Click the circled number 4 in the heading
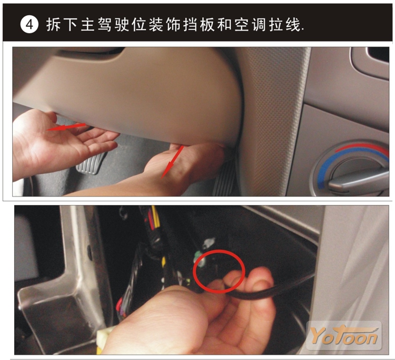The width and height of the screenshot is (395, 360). [29, 25]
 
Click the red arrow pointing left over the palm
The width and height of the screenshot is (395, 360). [66, 127]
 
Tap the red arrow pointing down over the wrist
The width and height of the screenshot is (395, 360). [172, 162]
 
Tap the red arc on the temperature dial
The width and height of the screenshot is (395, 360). [363, 148]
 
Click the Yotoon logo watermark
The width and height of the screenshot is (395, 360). [344, 335]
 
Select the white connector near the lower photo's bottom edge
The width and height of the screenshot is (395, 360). [105, 341]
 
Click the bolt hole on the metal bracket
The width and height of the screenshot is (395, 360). [90, 252]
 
